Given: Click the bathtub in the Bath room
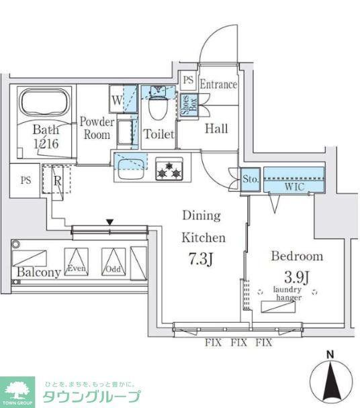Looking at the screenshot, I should pos(42,103).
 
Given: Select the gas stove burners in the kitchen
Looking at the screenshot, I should pos(169,168).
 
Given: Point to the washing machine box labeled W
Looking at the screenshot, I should pos(117,101).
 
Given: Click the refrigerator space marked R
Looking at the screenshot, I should pos(56,181).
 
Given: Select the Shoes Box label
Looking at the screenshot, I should pos(186,106).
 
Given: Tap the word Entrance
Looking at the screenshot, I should pos(218,85).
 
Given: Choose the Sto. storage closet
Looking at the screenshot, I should pos(250,180).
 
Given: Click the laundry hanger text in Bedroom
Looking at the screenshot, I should pos(287,293).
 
